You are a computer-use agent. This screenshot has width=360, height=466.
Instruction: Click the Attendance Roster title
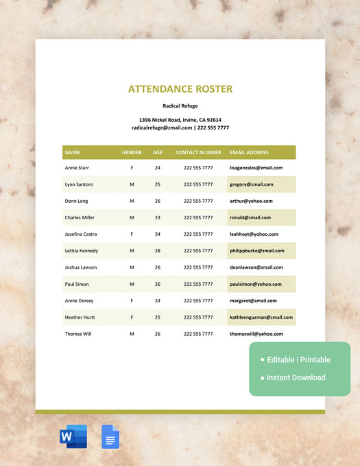pos(180,89)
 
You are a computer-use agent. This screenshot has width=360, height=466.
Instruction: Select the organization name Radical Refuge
pos(180,106)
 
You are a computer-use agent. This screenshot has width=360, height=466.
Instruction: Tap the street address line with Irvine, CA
pos(180,120)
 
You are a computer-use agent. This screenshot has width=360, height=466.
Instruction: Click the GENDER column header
pos(132,152)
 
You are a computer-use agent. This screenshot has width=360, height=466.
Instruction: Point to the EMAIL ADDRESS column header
pos(249,152)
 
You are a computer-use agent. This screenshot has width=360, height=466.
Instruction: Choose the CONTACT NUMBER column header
pos(198,152)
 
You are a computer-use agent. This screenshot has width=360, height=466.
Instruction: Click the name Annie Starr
pos(76,168)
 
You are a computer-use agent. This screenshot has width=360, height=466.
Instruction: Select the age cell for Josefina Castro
pos(157,234)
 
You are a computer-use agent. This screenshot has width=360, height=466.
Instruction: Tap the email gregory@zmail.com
pos(251,184)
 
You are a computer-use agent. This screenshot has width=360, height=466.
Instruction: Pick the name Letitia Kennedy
pos(81,251)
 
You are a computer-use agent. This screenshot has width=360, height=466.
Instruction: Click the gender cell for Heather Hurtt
pos(132,317)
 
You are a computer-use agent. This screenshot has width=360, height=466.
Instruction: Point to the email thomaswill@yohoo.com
pos(256,334)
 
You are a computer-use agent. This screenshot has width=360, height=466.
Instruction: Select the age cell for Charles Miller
pos(157,218)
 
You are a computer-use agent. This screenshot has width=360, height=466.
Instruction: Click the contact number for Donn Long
pos(198,201)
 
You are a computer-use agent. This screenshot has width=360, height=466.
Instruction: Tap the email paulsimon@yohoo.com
pos(256,284)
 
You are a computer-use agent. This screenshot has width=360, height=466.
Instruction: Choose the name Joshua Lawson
pos(81,267)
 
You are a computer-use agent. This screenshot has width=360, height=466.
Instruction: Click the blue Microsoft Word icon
pos(73,437)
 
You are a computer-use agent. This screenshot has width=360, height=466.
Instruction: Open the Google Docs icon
pos(111,437)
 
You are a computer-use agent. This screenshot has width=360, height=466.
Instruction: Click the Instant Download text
pos(296,378)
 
